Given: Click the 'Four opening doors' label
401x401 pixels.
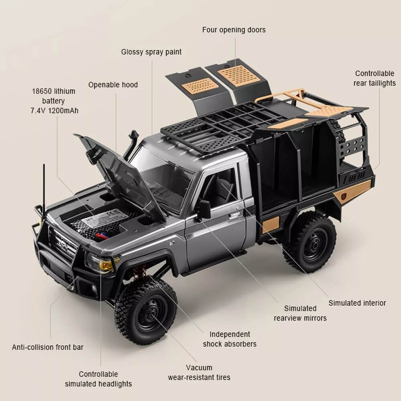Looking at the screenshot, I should [x=234, y=30].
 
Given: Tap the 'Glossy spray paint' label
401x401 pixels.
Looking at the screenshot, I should [x=151, y=52].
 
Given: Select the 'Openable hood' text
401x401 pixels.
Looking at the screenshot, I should [x=113, y=85].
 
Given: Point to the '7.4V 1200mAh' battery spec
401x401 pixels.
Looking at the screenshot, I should [x=55, y=110].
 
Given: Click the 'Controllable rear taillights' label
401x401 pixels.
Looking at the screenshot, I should [x=375, y=78].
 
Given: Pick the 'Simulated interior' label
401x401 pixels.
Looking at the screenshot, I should [x=357, y=303].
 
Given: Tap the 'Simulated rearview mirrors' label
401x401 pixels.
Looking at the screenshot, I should [x=300, y=313].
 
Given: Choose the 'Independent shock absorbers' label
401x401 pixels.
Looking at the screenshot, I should [x=230, y=339].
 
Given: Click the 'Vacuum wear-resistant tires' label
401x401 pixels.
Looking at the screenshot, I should [x=199, y=372].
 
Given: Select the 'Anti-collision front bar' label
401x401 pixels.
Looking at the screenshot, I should [x=48, y=347].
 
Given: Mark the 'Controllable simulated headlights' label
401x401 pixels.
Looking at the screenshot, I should [x=98, y=379].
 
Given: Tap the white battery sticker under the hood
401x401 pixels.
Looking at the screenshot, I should [x=106, y=217].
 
